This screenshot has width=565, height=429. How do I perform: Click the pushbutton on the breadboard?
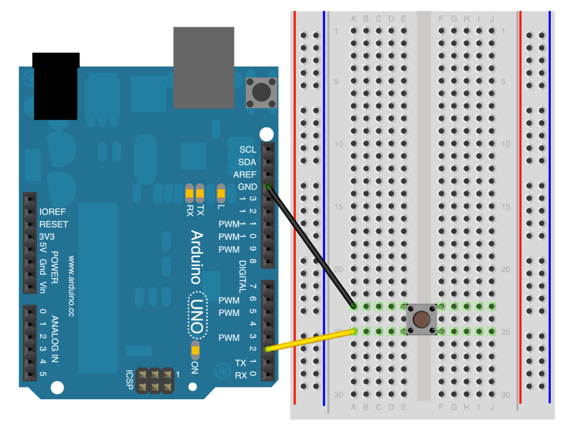[421, 319]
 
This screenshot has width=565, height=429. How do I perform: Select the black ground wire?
[310, 246]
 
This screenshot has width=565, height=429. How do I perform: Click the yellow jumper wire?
[311, 340]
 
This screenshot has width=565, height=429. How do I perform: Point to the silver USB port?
[204, 67]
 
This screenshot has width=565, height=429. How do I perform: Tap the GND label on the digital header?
[247, 187]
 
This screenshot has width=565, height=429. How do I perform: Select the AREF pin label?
[244, 174]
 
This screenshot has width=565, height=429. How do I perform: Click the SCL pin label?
[248, 149]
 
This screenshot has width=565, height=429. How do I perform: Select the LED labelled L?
[220, 193]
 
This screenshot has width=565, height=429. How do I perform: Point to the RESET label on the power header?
[54, 224]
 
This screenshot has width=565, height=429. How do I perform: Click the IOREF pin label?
[53, 212]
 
